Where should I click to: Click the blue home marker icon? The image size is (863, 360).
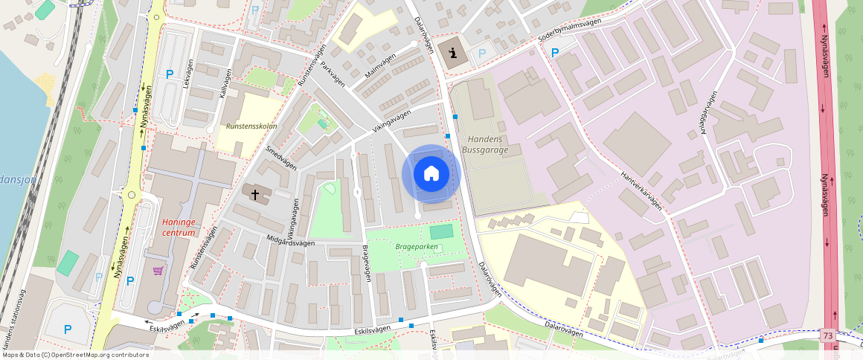431,174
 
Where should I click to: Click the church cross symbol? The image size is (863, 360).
255,195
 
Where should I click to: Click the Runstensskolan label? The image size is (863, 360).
251,126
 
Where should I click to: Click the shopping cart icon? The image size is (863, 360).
158,271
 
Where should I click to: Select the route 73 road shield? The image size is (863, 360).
828,336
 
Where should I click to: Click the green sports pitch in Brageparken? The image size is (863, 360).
440,231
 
